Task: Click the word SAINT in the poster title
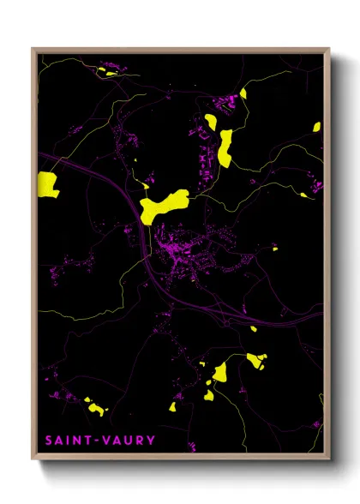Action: point(67,441)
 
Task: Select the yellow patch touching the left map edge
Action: point(47,184)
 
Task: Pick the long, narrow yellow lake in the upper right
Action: point(225,147)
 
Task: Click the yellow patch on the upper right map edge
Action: point(316,127)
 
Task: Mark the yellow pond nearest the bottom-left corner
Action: point(96,409)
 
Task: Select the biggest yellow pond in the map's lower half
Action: point(219,372)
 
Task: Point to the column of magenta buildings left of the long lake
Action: point(206,154)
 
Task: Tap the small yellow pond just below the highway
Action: point(253,327)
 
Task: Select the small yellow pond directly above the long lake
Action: point(243,93)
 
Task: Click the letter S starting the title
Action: point(50,441)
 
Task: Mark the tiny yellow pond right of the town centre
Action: point(275,249)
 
